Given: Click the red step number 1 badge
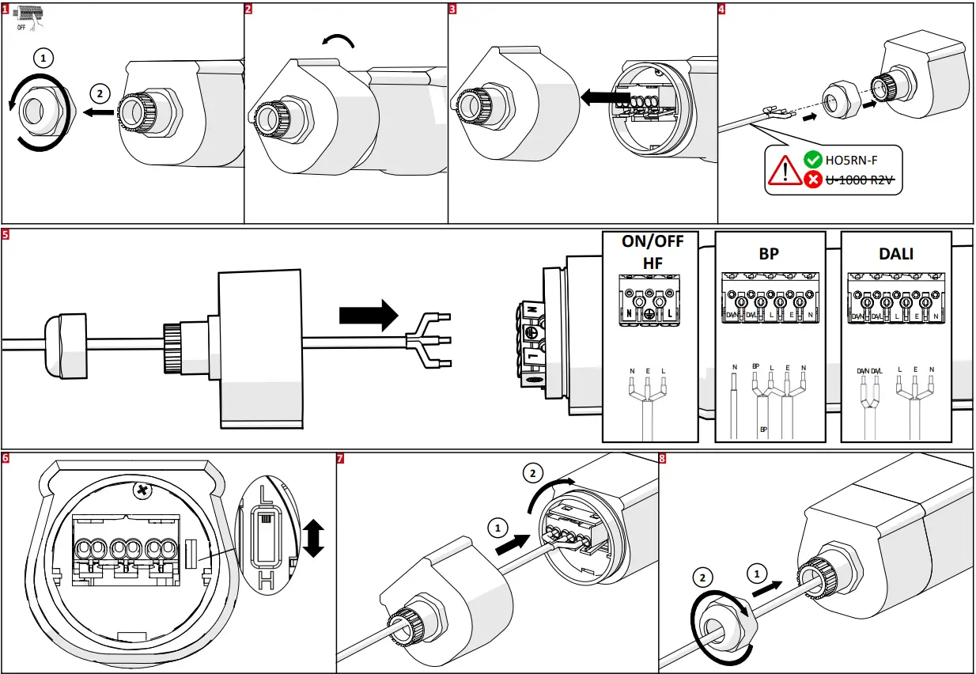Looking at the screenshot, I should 6,9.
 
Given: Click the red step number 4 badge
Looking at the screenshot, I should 721,9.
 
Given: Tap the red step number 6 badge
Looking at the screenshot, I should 6,457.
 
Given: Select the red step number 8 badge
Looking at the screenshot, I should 662,458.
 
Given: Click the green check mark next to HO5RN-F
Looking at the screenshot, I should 812,160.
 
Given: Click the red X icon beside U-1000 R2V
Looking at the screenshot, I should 812,180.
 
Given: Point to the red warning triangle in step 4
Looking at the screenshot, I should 785,170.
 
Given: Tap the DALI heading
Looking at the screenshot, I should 895,253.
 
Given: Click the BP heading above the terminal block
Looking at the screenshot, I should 769,253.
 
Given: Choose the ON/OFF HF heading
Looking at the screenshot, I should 652,252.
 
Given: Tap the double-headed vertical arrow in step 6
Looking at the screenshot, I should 314,538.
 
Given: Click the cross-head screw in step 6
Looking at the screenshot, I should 142,491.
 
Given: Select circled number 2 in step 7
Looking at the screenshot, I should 534,474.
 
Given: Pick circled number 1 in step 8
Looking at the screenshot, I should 757,571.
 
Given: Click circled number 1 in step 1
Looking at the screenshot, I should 44,58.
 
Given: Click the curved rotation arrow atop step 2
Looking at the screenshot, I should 339,41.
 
